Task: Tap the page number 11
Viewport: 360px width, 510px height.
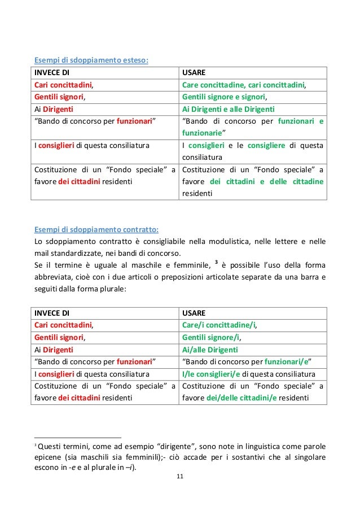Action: coord(179,477)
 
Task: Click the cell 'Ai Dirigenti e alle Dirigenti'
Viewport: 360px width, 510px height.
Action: coord(233,110)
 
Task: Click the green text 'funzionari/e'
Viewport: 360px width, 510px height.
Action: coord(288,361)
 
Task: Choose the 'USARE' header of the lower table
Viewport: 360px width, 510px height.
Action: coord(195,313)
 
